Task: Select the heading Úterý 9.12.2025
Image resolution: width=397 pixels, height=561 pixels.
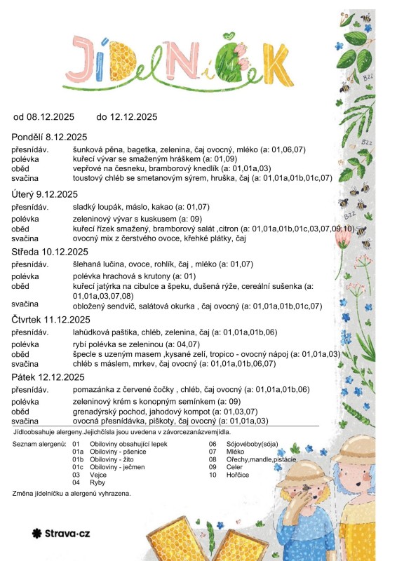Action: tap(45, 194)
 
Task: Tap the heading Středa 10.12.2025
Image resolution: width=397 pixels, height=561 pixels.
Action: tap(50, 252)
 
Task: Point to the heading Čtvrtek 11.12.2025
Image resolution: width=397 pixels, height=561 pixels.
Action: tap(51, 319)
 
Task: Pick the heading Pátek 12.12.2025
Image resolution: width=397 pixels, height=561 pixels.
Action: tap(47, 377)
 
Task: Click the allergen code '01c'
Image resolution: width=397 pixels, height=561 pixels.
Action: tap(78, 467)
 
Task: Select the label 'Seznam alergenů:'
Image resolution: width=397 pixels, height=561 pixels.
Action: tap(39, 444)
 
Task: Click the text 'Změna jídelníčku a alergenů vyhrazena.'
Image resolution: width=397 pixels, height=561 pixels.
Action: tap(72, 494)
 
